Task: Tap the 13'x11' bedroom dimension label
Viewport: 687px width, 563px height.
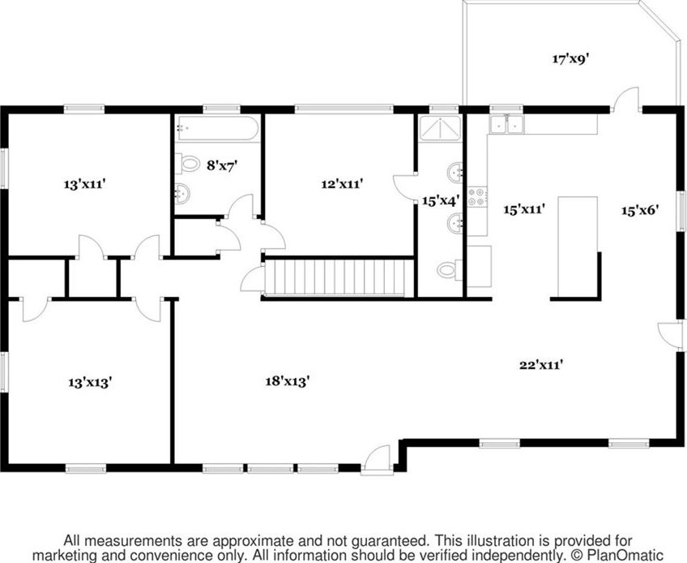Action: [x=86, y=184]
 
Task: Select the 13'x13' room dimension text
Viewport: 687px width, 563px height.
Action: [x=89, y=380]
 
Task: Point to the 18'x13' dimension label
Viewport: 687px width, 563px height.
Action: [x=288, y=380]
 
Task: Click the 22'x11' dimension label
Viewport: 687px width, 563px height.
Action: [x=541, y=364]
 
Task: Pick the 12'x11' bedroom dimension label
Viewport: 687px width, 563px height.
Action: [x=341, y=184]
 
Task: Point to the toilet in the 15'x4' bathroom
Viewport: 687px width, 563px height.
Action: [x=447, y=270]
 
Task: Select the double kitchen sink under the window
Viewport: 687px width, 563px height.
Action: [x=508, y=124]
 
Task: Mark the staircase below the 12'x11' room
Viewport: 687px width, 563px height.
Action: [x=335, y=278]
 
